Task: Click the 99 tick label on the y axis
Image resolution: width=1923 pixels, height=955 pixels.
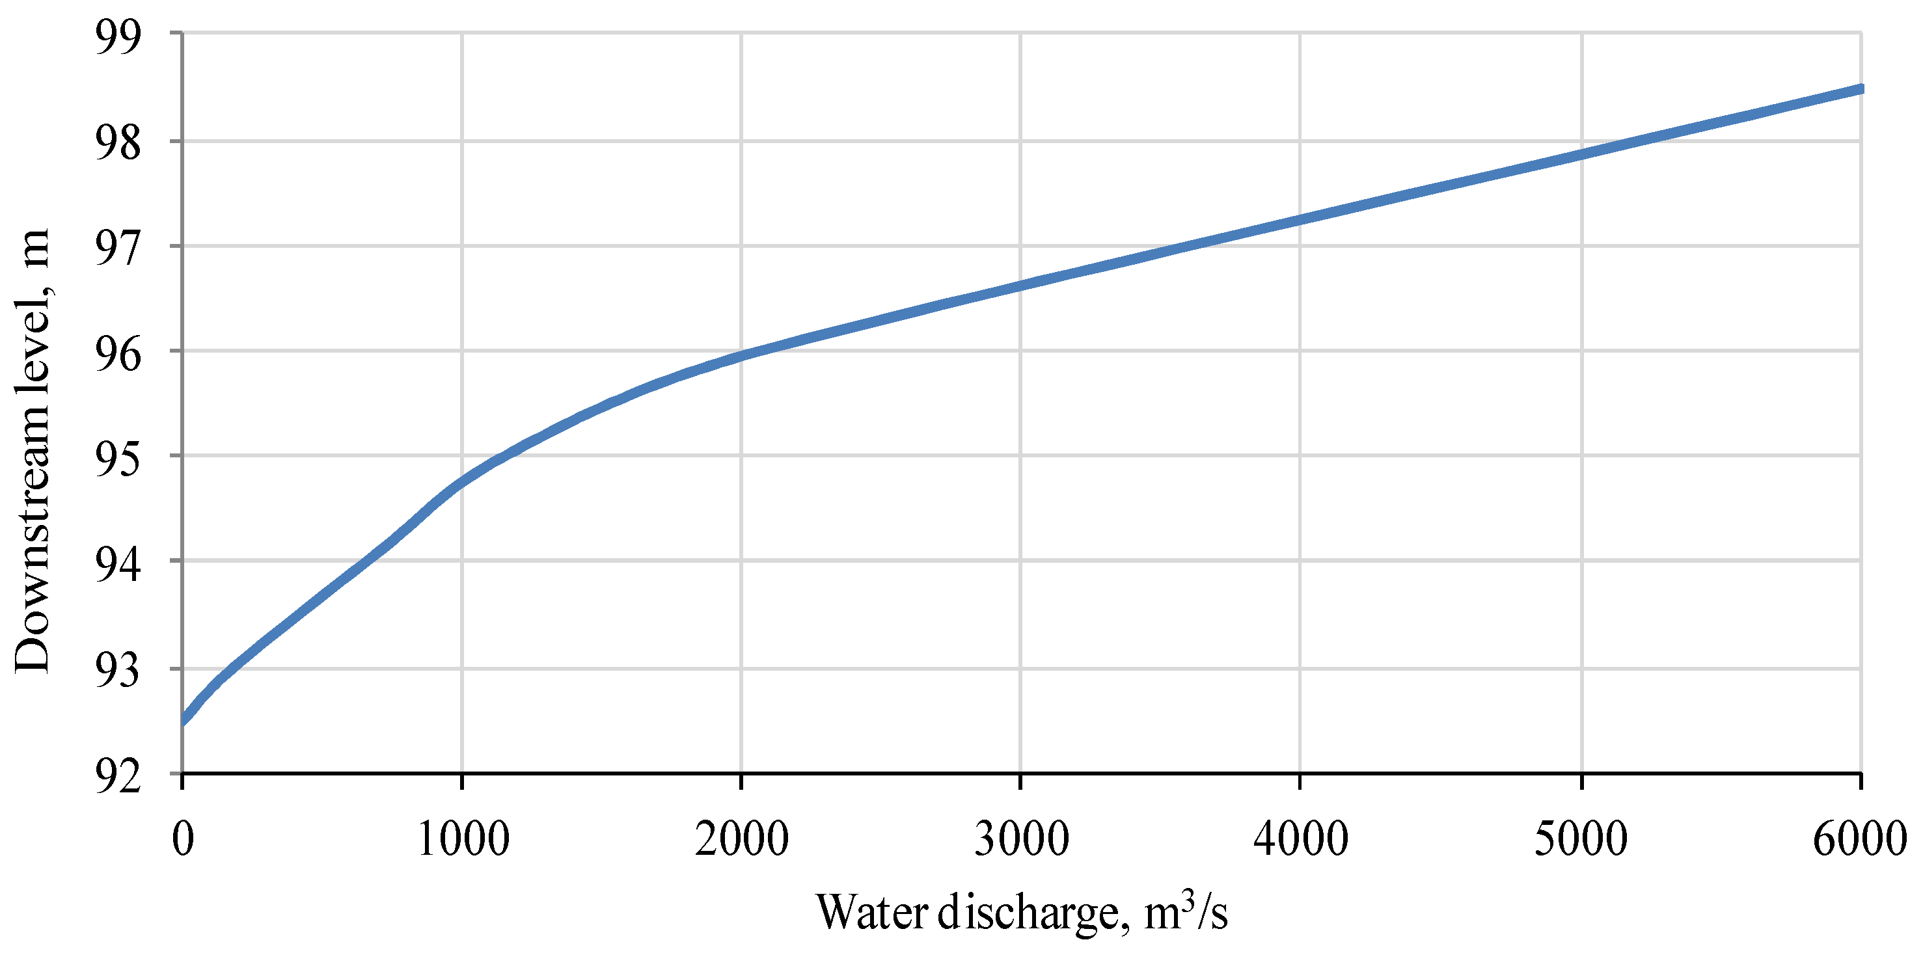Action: click(x=118, y=37)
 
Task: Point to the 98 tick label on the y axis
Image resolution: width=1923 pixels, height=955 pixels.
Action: click(x=118, y=143)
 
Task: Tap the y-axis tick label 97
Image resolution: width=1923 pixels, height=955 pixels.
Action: click(x=118, y=249)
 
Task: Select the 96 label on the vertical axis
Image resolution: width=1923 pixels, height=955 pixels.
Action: click(x=118, y=354)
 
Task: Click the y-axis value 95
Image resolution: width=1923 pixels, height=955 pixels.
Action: click(x=118, y=459)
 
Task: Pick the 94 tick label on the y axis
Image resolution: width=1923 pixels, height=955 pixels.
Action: click(x=118, y=564)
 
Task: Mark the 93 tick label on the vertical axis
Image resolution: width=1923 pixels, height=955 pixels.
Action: click(x=118, y=670)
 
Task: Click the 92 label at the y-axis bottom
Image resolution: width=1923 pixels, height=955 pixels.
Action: click(x=118, y=776)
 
